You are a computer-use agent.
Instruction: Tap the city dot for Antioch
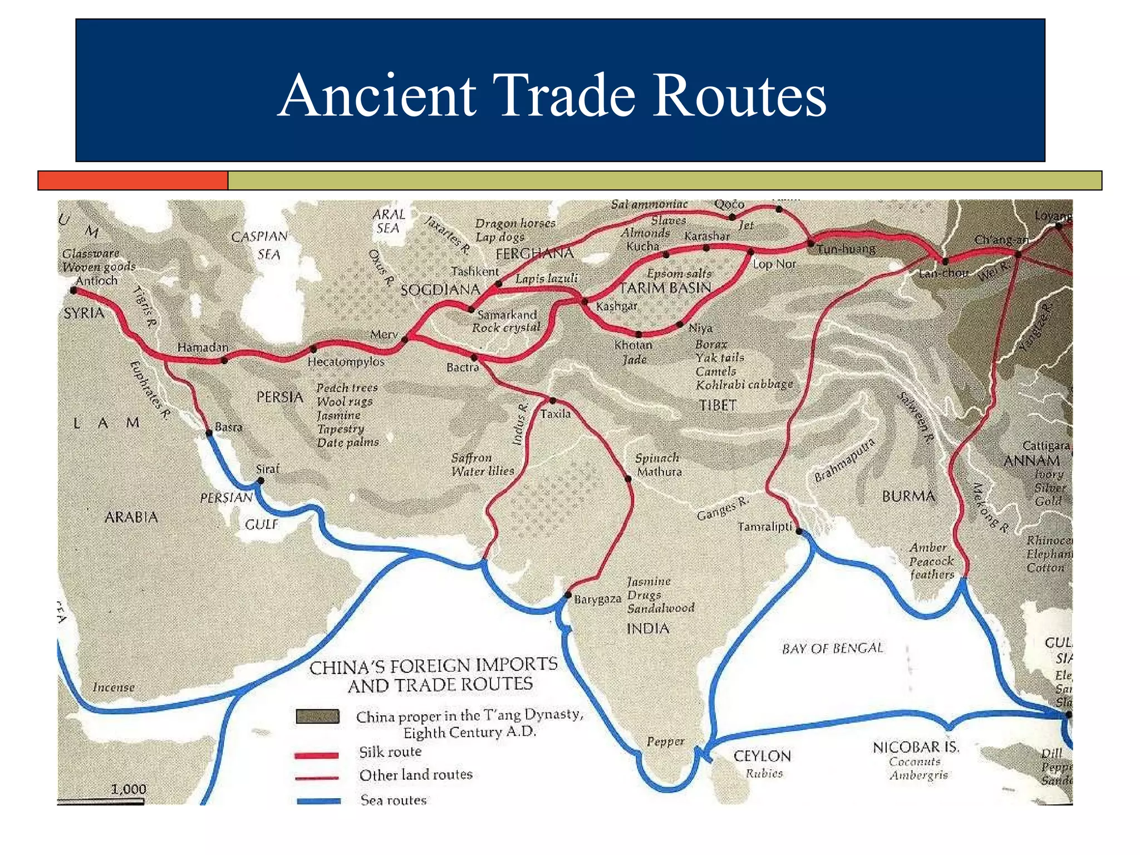[73, 290]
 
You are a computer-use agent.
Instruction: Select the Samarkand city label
[507, 315]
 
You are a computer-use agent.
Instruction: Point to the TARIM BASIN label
[665, 288]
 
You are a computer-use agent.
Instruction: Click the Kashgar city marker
[584, 302]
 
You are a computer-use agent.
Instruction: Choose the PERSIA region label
[279, 397]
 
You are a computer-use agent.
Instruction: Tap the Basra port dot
[209, 433]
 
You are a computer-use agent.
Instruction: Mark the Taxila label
[555, 414]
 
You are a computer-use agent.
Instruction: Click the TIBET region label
[718, 405]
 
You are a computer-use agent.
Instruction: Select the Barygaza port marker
[568, 594]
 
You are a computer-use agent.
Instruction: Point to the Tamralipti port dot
[799, 531]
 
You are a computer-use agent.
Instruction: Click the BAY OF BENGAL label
[832, 648]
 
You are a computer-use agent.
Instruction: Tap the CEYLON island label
[761, 756]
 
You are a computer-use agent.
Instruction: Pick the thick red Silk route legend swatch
[316, 755]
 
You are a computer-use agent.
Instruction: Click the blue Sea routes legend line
[318, 801]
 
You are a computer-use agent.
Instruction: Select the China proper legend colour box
[317, 716]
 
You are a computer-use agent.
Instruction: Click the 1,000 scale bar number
[128, 789]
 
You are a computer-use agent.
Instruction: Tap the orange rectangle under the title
[133, 180]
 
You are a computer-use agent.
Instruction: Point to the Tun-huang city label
[846, 249]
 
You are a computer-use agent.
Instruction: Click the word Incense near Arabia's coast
[114, 687]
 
